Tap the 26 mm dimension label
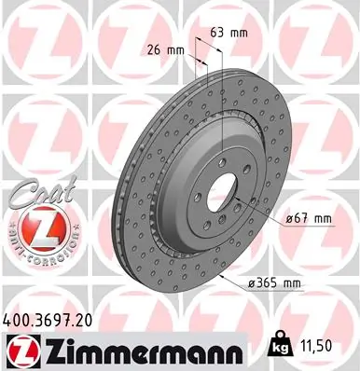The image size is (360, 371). pyautogui.click(x=165, y=50)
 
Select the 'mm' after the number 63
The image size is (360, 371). pyautogui.click(x=240, y=32)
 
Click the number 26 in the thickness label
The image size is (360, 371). pyautogui.click(x=155, y=50)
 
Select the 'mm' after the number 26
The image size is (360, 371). pyautogui.click(x=174, y=50)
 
